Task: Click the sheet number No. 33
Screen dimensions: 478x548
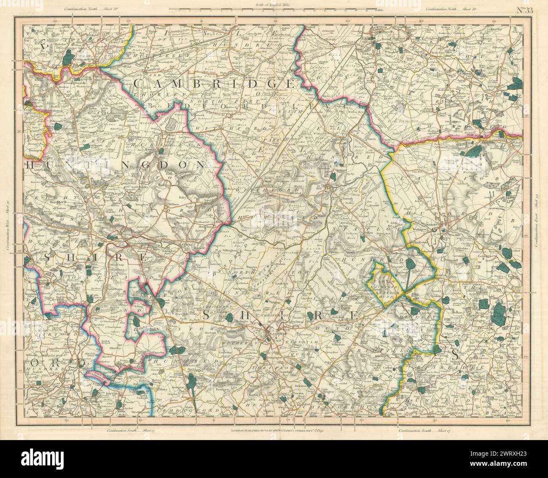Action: (525, 11)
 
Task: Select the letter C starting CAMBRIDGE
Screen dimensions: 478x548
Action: (138, 83)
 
